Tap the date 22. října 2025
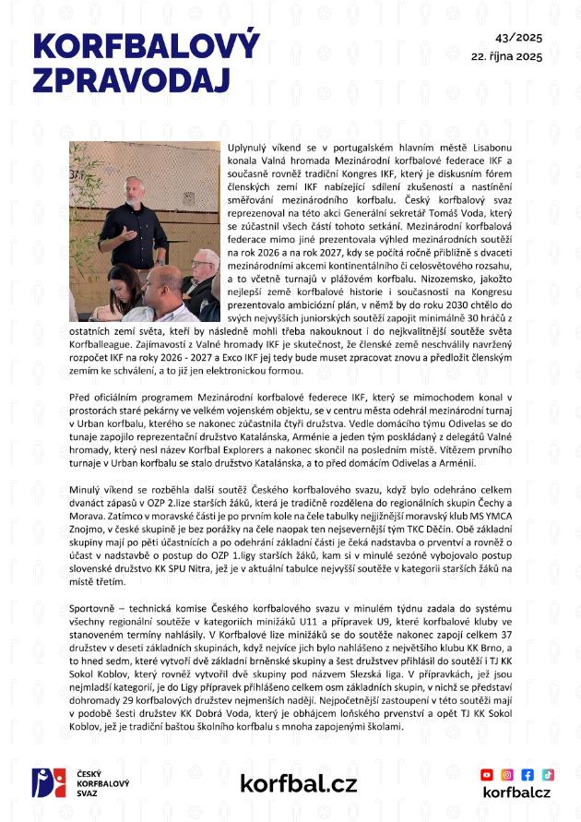pos(506,56)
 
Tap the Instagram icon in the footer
pos(508,774)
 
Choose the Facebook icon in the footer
pos(528,774)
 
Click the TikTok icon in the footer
pos(548,774)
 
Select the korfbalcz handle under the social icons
pos(516,792)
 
